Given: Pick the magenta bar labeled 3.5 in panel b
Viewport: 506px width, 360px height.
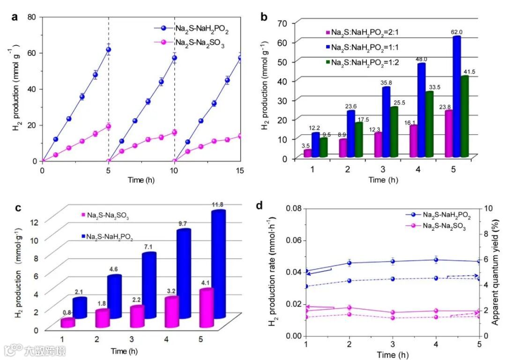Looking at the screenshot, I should point(307,153).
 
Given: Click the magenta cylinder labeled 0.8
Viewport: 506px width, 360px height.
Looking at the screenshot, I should point(67,323).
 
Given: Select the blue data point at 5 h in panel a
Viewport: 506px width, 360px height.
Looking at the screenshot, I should point(108,50).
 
